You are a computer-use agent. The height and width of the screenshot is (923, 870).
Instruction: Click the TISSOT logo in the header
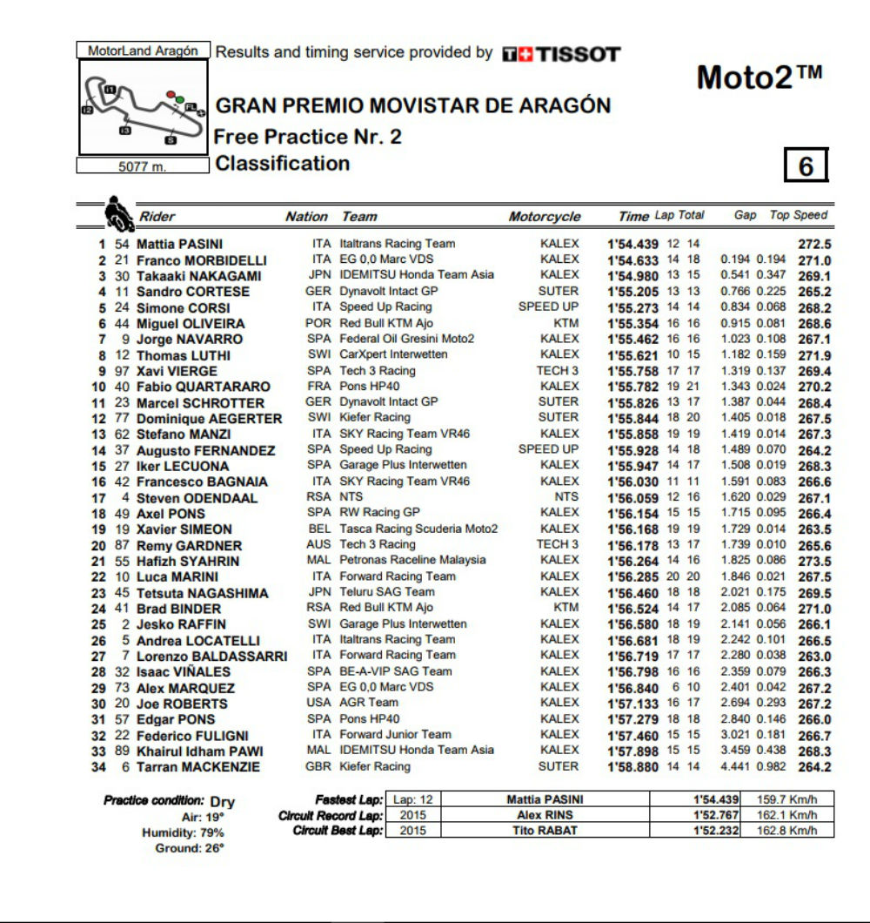tap(561, 54)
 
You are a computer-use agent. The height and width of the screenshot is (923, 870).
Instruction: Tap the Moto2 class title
tap(759, 78)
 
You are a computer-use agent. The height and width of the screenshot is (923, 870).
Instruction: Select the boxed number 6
tap(806, 165)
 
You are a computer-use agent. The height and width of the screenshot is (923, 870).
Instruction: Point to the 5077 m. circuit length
tap(143, 167)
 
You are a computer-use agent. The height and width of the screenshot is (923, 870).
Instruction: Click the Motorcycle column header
tap(544, 217)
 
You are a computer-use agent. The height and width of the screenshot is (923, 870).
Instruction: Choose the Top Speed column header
tap(799, 215)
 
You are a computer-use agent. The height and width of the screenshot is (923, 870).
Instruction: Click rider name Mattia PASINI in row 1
tap(179, 245)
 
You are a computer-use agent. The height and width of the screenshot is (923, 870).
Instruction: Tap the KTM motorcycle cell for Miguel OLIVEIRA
tap(565, 323)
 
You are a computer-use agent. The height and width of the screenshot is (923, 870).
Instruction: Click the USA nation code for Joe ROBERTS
tap(319, 703)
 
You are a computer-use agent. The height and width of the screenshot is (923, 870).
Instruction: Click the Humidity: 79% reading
tap(183, 832)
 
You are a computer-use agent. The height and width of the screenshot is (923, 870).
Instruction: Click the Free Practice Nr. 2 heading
tap(308, 137)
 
